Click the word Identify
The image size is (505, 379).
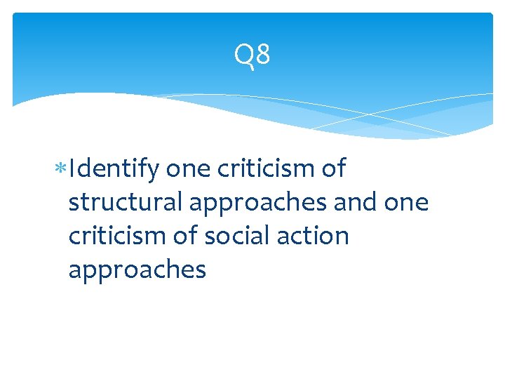point(116,170)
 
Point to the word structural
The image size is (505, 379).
point(126,202)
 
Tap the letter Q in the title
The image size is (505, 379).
point(243,55)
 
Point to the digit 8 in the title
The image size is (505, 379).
point(262,55)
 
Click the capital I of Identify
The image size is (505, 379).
point(72,168)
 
